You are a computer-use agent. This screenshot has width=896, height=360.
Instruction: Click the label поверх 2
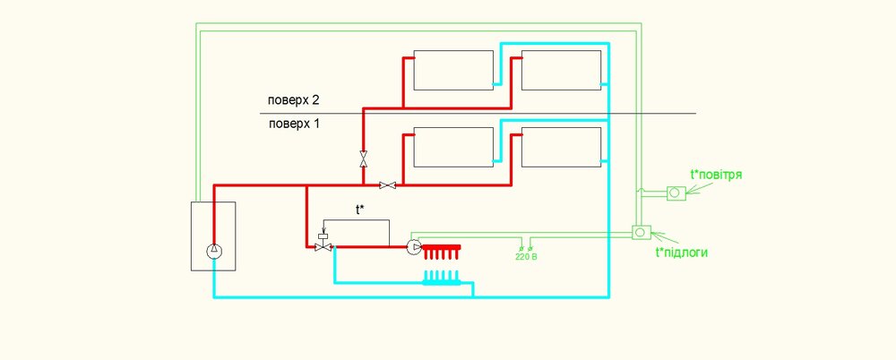point(293,99)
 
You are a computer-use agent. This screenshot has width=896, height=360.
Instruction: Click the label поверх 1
point(293,124)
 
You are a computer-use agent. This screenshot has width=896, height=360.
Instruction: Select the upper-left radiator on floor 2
point(453,70)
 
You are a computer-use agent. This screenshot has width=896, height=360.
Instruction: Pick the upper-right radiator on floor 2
point(560,70)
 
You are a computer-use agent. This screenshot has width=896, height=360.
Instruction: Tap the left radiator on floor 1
point(453,147)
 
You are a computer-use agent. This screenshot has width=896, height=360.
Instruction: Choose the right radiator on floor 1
point(560,147)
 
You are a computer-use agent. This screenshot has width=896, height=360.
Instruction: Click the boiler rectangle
point(213,236)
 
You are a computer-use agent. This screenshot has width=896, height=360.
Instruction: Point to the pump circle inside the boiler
point(213,251)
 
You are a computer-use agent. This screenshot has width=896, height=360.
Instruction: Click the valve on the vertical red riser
point(363,159)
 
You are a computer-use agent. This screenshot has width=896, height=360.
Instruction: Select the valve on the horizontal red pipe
point(388,185)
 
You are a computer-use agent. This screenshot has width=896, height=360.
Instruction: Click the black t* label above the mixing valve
point(360,210)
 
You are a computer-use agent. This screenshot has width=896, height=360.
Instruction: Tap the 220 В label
point(526,257)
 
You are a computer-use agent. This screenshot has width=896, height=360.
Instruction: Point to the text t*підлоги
point(682,253)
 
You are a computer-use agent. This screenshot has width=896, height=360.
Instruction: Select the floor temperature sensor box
point(641,231)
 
